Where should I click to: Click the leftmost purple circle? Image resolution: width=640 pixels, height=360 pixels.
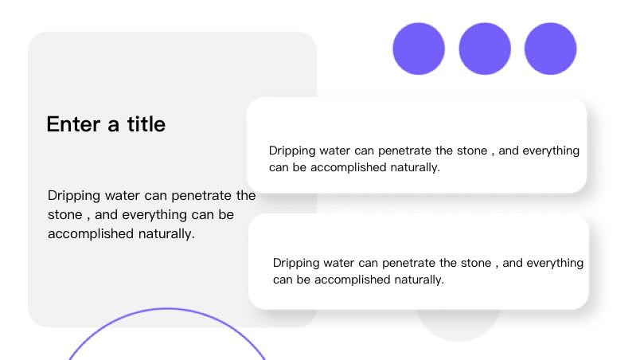coord(419,49)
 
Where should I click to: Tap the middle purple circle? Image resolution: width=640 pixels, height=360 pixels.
coord(485,49)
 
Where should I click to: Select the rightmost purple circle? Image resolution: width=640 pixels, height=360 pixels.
coord(551,49)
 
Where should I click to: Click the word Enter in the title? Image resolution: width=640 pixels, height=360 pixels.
coord(73,124)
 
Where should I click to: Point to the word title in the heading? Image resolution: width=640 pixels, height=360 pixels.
coord(146,124)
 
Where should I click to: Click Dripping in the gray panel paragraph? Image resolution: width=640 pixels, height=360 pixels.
coord(74,196)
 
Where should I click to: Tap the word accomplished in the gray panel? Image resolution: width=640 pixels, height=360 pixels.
coord(91,234)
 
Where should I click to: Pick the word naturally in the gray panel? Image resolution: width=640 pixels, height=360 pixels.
coord(166,234)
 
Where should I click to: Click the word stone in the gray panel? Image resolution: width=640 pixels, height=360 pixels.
coord(65,215)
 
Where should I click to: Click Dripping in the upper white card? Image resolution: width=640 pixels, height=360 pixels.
coord(292,151)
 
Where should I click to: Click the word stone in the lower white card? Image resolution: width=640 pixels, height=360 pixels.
coord(476,264)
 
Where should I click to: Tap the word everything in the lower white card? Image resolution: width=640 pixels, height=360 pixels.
coord(555,264)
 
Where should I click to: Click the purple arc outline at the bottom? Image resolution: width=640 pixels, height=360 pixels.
coord(166,309)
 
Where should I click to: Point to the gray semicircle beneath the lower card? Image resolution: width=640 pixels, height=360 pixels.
coord(459,327)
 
